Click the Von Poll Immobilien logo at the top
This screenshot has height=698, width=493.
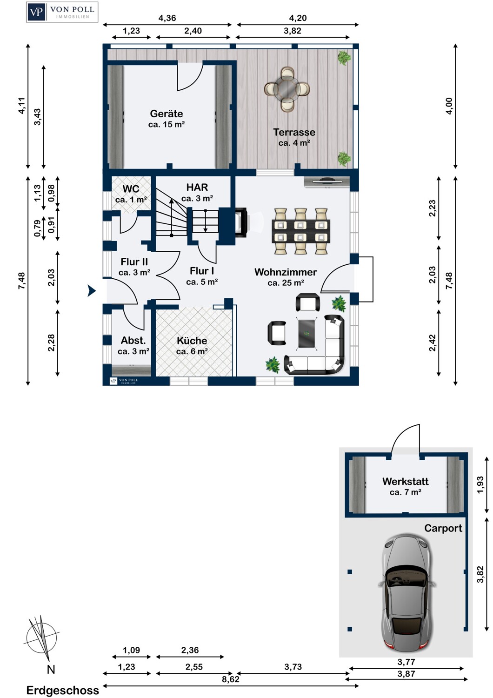(x=62, y=12)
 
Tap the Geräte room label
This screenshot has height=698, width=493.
(x=167, y=114)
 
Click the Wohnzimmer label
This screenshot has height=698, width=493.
(x=286, y=272)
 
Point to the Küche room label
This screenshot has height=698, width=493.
(x=192, y=341)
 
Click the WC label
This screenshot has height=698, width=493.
(x=131, y=189)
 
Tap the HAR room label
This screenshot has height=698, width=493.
(x=197, y=187)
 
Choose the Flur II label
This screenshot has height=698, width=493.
(x=134, y=262)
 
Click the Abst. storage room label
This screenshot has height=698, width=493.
(x=133, y=340)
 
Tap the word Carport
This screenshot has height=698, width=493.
(x=443, y=528)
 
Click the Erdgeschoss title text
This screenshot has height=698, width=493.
(x=63, y=690)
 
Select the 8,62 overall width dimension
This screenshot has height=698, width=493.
(x=231, y=679)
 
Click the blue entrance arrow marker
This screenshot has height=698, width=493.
(x=91, y=290)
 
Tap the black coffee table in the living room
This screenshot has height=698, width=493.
(x=306, y=333)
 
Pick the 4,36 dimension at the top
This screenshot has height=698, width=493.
(x=167, y=18)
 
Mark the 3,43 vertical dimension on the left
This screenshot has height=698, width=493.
(x=37, y=117)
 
